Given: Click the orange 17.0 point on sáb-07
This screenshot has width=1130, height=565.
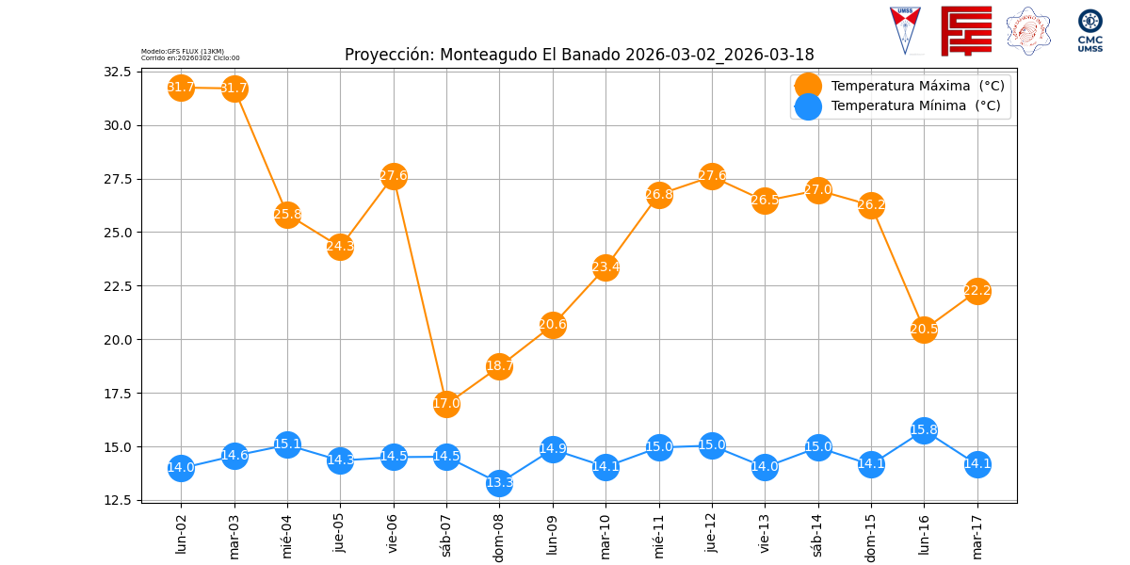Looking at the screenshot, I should tap(446, 403).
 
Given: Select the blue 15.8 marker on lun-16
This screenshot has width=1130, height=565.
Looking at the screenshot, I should tap(924, 430).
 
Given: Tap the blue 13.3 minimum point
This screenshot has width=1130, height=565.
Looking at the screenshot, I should tap(499, 483).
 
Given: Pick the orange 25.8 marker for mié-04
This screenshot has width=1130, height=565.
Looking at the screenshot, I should tap(287, 214).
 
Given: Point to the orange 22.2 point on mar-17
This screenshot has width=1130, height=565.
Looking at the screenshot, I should tap(977, 291).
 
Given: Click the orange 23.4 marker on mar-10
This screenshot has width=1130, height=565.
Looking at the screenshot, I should tap(605, 266).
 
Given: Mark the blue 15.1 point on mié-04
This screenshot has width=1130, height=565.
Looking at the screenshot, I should tap(287, 444).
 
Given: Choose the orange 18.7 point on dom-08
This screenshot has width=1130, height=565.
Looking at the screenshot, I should tap(499, 366).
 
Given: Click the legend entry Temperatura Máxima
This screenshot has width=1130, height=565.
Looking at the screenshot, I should tap(917, 86).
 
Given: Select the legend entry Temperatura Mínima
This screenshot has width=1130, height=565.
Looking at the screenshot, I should tap(915, 106).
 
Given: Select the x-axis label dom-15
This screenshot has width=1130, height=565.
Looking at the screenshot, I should tap(871, 535).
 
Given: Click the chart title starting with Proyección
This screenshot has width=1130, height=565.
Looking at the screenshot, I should tap(579, 55).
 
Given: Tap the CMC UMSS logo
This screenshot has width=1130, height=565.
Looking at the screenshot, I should tap(1090, 29).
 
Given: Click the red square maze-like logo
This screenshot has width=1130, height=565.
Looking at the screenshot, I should tap(966, 30).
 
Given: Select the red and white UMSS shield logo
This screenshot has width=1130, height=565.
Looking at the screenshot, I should tap(905, 29).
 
